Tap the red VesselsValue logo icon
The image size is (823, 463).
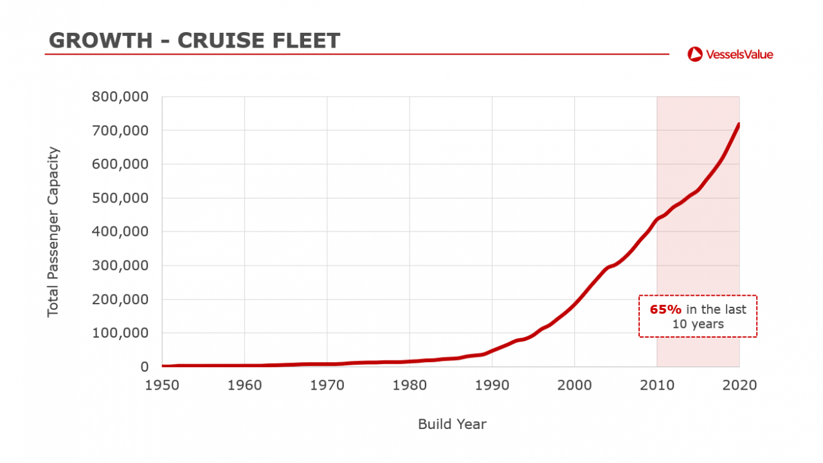point(694,54)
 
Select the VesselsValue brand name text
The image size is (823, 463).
point(739,54)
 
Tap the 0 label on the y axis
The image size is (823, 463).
point(145,367)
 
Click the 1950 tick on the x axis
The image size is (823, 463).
point(162,385)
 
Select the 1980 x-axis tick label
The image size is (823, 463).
point(410,385)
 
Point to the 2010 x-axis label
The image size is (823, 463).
point(656,385)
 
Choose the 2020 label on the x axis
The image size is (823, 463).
point(739,385)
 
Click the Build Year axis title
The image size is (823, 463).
point(452,424)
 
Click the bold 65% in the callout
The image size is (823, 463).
point(665,309)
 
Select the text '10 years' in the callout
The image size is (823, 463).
point(698,324)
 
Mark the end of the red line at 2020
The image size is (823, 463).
point(739,124)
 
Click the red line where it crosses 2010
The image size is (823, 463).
point(656,220)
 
